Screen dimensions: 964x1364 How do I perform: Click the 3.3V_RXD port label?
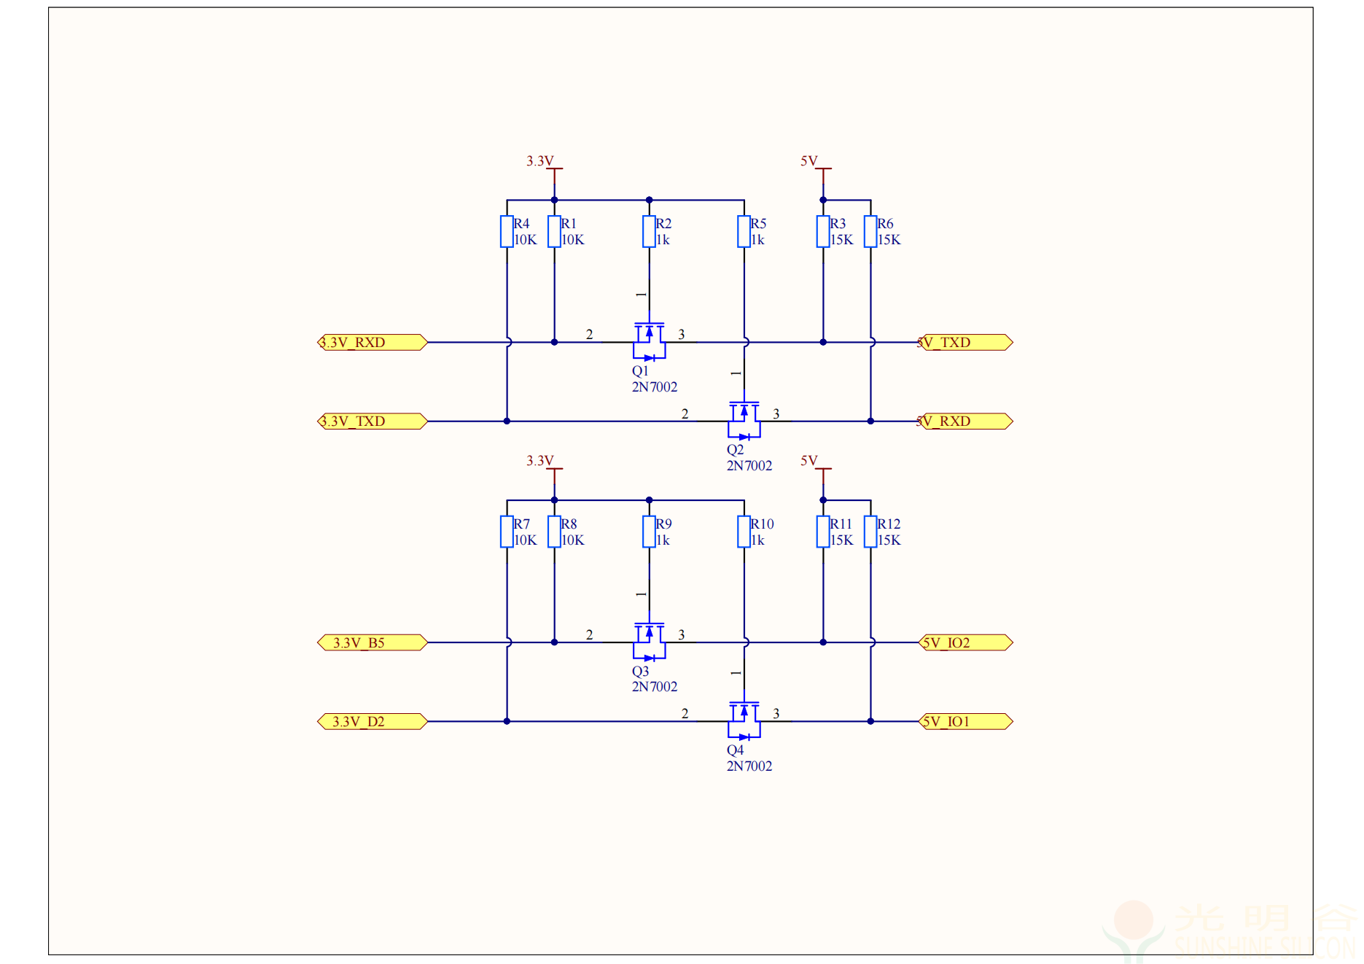click(x=372, y=342)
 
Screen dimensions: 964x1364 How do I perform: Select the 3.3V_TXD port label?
click(x=372, y=421)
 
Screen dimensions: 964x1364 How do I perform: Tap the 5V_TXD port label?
click(x=965, y=342)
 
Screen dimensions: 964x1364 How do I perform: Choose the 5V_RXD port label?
click(x=965, y=421)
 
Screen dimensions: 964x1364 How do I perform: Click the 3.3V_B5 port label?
click(x=372, y=642)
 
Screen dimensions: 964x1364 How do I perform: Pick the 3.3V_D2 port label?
click(x=372, y=721)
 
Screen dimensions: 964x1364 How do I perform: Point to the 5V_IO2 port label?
click(x=965, y=642)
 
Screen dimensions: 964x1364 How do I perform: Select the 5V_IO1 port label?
click(x=965, y=721)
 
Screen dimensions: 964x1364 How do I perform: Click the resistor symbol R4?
click(x=507, y=232)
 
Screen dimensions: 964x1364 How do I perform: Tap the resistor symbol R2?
click(x=649, y=232)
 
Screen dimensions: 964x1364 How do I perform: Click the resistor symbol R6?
click(x=870, y=232)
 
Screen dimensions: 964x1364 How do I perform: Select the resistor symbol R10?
click(x=744, y=532)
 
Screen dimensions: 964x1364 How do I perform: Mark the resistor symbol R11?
click(x=823, y=532)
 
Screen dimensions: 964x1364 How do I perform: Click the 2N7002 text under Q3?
click(x=654, y=687)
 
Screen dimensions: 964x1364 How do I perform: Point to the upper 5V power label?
click(x=809, y=160)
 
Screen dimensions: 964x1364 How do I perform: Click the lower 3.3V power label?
click(x=539, y=461)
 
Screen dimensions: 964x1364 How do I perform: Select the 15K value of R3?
click(x=841, y=240)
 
